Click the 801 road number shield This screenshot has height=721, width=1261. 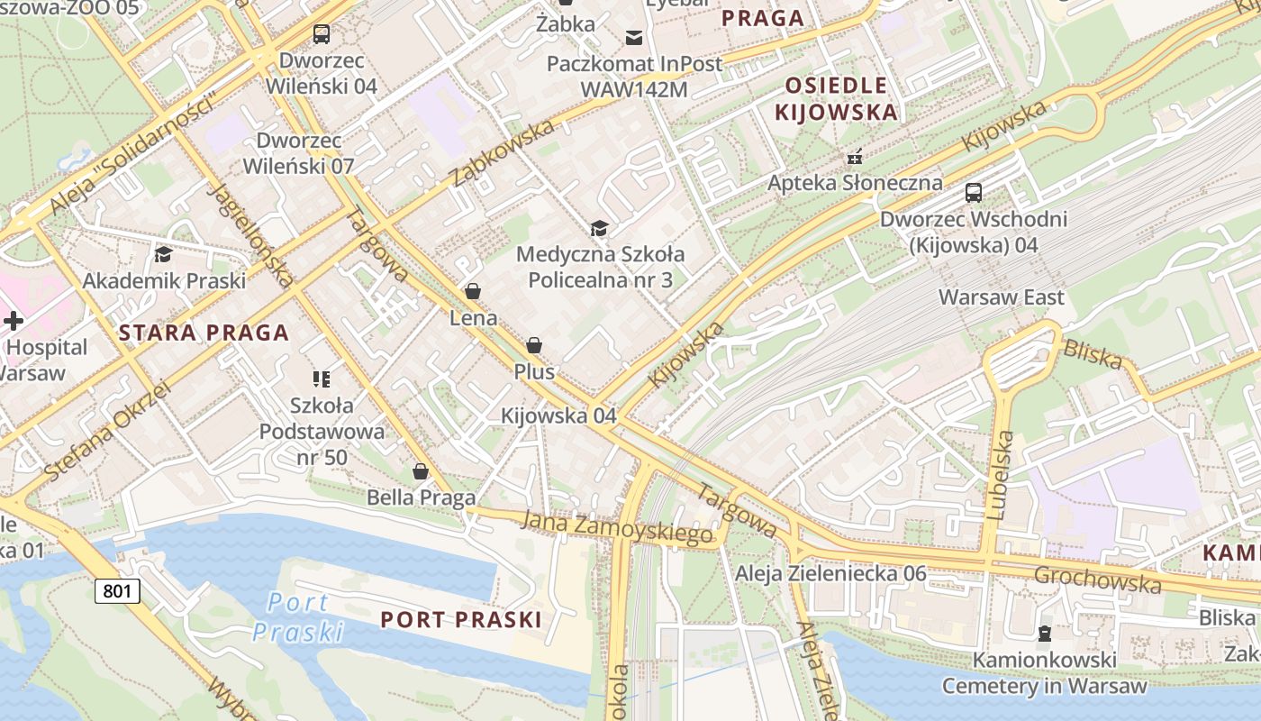pos(117,591)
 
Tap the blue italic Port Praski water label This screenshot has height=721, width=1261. pos(298,617)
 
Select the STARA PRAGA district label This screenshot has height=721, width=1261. pos(204,333)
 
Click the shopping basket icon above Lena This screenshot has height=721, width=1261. pos(473,291)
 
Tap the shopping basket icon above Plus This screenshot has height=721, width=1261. pos(534,345)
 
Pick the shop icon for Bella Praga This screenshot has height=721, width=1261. pos(421,471)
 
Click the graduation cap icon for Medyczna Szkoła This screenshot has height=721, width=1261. pos(599,229)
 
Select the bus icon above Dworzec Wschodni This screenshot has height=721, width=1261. pos(973,193)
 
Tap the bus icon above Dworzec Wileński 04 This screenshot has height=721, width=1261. pos(321,35)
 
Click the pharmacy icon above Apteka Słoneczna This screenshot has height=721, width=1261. pos(854,157)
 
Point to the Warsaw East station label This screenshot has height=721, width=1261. pos(1001,297)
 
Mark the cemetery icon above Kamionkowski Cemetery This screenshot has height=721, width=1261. pos(1044,634)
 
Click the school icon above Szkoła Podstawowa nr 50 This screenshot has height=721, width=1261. pos(322,379)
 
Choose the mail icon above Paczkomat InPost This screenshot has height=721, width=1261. pos(634,37)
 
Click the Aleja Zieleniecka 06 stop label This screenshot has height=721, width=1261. pos(830,573)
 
